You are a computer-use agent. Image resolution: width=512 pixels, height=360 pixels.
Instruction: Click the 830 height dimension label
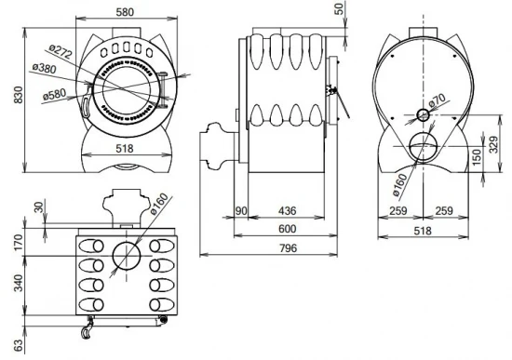point(19,95)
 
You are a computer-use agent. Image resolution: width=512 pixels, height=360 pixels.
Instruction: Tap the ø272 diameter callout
point(61,51)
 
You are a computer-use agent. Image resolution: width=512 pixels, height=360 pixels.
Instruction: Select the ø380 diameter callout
point(44,68)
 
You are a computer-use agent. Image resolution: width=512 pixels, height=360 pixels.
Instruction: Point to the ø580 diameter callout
point(55,95)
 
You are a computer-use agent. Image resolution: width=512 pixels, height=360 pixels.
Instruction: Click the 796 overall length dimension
point(289,248)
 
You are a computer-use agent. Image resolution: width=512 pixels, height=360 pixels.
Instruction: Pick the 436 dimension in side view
point(287,211)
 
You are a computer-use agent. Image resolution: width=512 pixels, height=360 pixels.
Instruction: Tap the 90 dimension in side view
point(241,211)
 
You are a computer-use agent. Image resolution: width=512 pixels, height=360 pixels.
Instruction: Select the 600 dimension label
point(288,229)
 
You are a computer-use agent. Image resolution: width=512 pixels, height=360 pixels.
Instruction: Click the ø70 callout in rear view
point(437,100)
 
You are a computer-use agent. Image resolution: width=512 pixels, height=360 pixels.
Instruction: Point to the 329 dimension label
point(494,144)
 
